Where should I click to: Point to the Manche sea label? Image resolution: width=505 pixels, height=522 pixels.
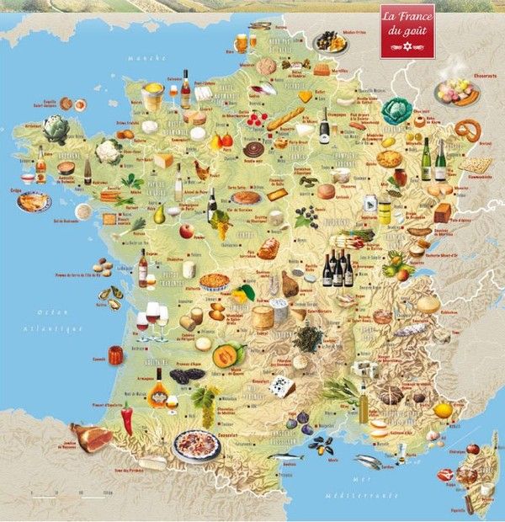[137, 59]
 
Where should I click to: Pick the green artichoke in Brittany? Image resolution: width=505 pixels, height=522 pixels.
[56, 129]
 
